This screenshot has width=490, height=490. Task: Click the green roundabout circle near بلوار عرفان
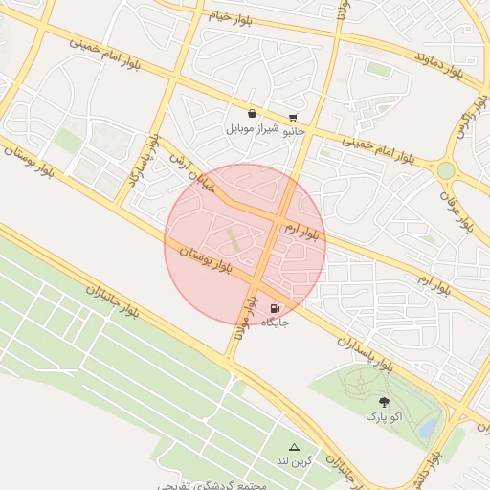pyautogui.click(x=446, y=170)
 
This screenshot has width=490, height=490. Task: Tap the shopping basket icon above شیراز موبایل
pyautogui.click(x=252, y=113)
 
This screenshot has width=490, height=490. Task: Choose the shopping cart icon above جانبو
pyautogui.click(x=293, y=118)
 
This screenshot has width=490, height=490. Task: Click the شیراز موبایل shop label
pyautogui.click(x=252, y=127)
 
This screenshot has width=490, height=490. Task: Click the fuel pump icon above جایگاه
pyautogui.click(x=276, y=309)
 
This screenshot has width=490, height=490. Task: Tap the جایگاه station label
pyautogui.click(x=276, y=323)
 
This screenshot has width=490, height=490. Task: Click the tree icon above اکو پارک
pyautogui.click(x=384, y=403)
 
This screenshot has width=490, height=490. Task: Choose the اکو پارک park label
pyautogui.click(x=383, y=417)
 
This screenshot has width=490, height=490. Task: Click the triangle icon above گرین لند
pyautogui.click(x=294, y=447)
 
